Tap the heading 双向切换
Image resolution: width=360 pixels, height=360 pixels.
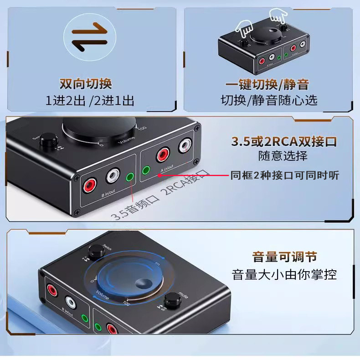[x=86, y=84]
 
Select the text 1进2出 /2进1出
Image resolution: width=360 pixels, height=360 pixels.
[x=90, y=100]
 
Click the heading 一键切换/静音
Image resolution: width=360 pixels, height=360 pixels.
[x=267, y=85]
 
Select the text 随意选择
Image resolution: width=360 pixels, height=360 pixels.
[x=283, y=156]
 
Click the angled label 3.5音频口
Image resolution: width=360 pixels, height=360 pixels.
[x=129, y=208]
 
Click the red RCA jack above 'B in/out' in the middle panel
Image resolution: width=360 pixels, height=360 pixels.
[x=89, y=185]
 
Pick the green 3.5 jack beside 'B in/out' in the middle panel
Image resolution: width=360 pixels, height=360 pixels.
[x=132, y=178]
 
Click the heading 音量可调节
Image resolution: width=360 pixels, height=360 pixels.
[x=284, y=257]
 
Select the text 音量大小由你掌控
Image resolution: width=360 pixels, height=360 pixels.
[x=284, y=274]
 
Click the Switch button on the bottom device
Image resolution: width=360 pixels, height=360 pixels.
[x=95, y=251]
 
